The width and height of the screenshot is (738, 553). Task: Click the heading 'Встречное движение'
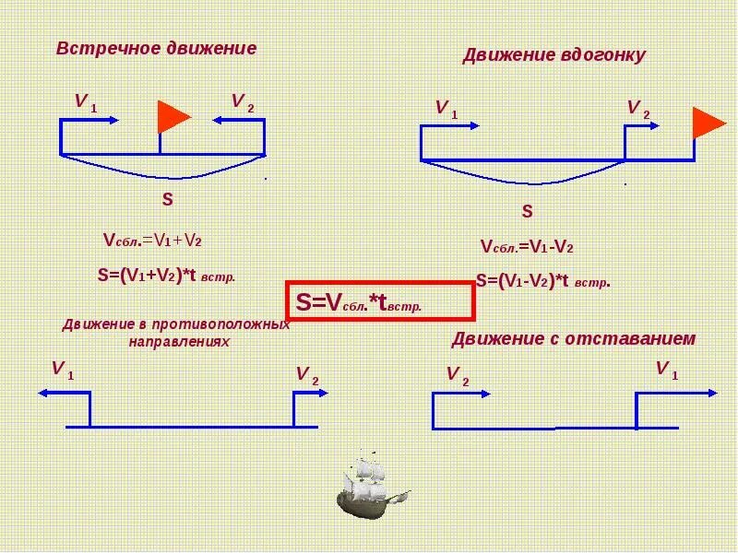(x=156, y=48)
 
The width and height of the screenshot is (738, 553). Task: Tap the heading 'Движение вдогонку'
(x=553, y=55)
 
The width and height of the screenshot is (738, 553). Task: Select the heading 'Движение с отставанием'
(x=573, y=339)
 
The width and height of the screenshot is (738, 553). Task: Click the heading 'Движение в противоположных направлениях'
(x=176, y=333)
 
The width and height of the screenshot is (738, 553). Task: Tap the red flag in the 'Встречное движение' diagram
(x=173, y=117)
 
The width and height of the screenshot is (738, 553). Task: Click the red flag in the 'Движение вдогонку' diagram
(x=708, y=122)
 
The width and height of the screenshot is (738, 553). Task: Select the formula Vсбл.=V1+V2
(x=152, y=241)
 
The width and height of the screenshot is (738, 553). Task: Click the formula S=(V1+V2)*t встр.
(x=166, y=274)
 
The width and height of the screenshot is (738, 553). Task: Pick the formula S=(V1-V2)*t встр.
(x=543, y=281)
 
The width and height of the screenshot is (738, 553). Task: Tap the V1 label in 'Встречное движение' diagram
(x=86, y=101)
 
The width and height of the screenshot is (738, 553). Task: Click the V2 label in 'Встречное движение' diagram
(x=243, y=101)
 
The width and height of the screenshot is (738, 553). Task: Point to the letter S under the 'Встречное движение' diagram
(x=167, y=199)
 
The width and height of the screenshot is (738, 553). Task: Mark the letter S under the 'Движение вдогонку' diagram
(x=528, y=212)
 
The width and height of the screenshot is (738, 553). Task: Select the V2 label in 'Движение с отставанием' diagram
(x=458, y=373)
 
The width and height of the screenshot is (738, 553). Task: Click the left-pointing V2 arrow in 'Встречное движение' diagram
(x=238, y=119)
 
